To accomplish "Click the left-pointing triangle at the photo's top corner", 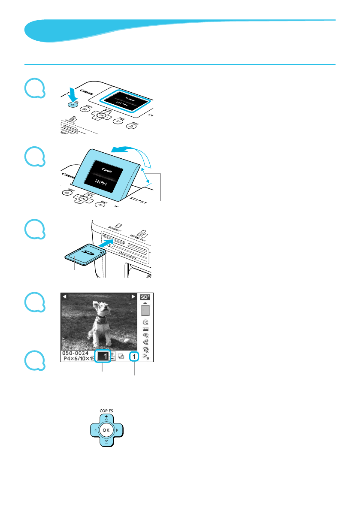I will [64, 297].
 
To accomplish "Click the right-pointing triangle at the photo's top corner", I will [133, 297].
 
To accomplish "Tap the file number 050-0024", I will [76, 353].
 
